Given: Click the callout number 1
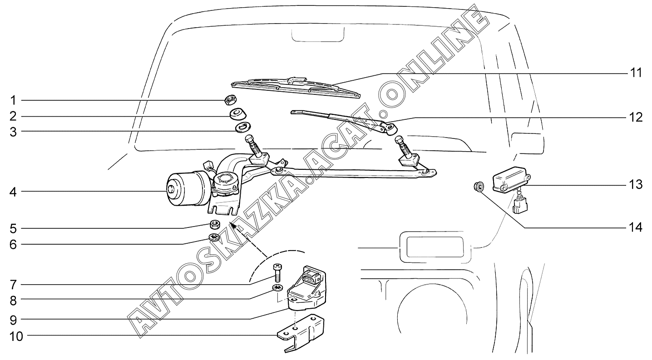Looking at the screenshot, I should click(13, 100).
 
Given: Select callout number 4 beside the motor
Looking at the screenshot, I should click(13, 192).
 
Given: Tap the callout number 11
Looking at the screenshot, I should click(635, 73).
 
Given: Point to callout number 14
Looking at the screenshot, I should click(635, 227).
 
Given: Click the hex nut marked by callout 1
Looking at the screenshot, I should click(230, 100).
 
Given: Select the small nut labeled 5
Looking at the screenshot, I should click(216, 224).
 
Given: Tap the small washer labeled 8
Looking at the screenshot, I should click(277, 288).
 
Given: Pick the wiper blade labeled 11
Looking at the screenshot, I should click(295, 86).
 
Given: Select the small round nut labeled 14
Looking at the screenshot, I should click(478, 186).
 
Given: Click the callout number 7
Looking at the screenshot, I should click(13, 285).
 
